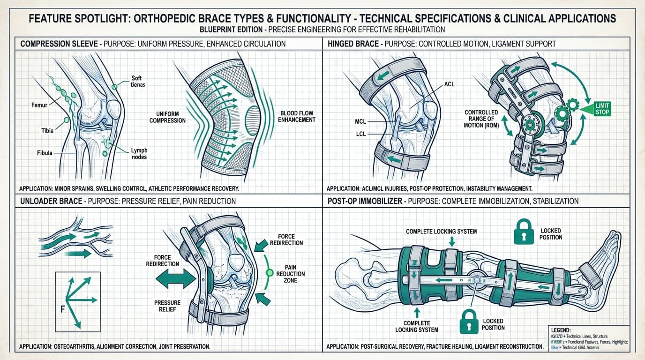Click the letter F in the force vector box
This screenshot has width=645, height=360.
[62, 309]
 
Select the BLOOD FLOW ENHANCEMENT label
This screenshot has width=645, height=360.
[297, 116]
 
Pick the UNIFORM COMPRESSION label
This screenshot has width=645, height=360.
[167, 117]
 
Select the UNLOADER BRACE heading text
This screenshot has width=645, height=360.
[48, 201]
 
